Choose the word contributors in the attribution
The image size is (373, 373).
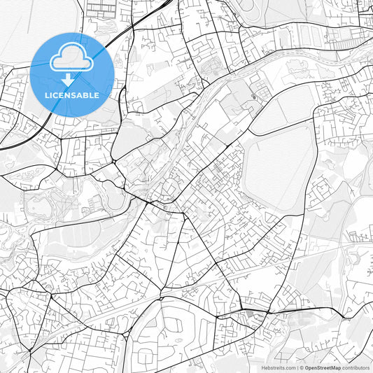356,367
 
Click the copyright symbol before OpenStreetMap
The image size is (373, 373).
302,367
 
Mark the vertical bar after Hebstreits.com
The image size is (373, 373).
297,367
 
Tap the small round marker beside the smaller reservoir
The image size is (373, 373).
253,97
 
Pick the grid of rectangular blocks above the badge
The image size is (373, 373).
102,9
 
